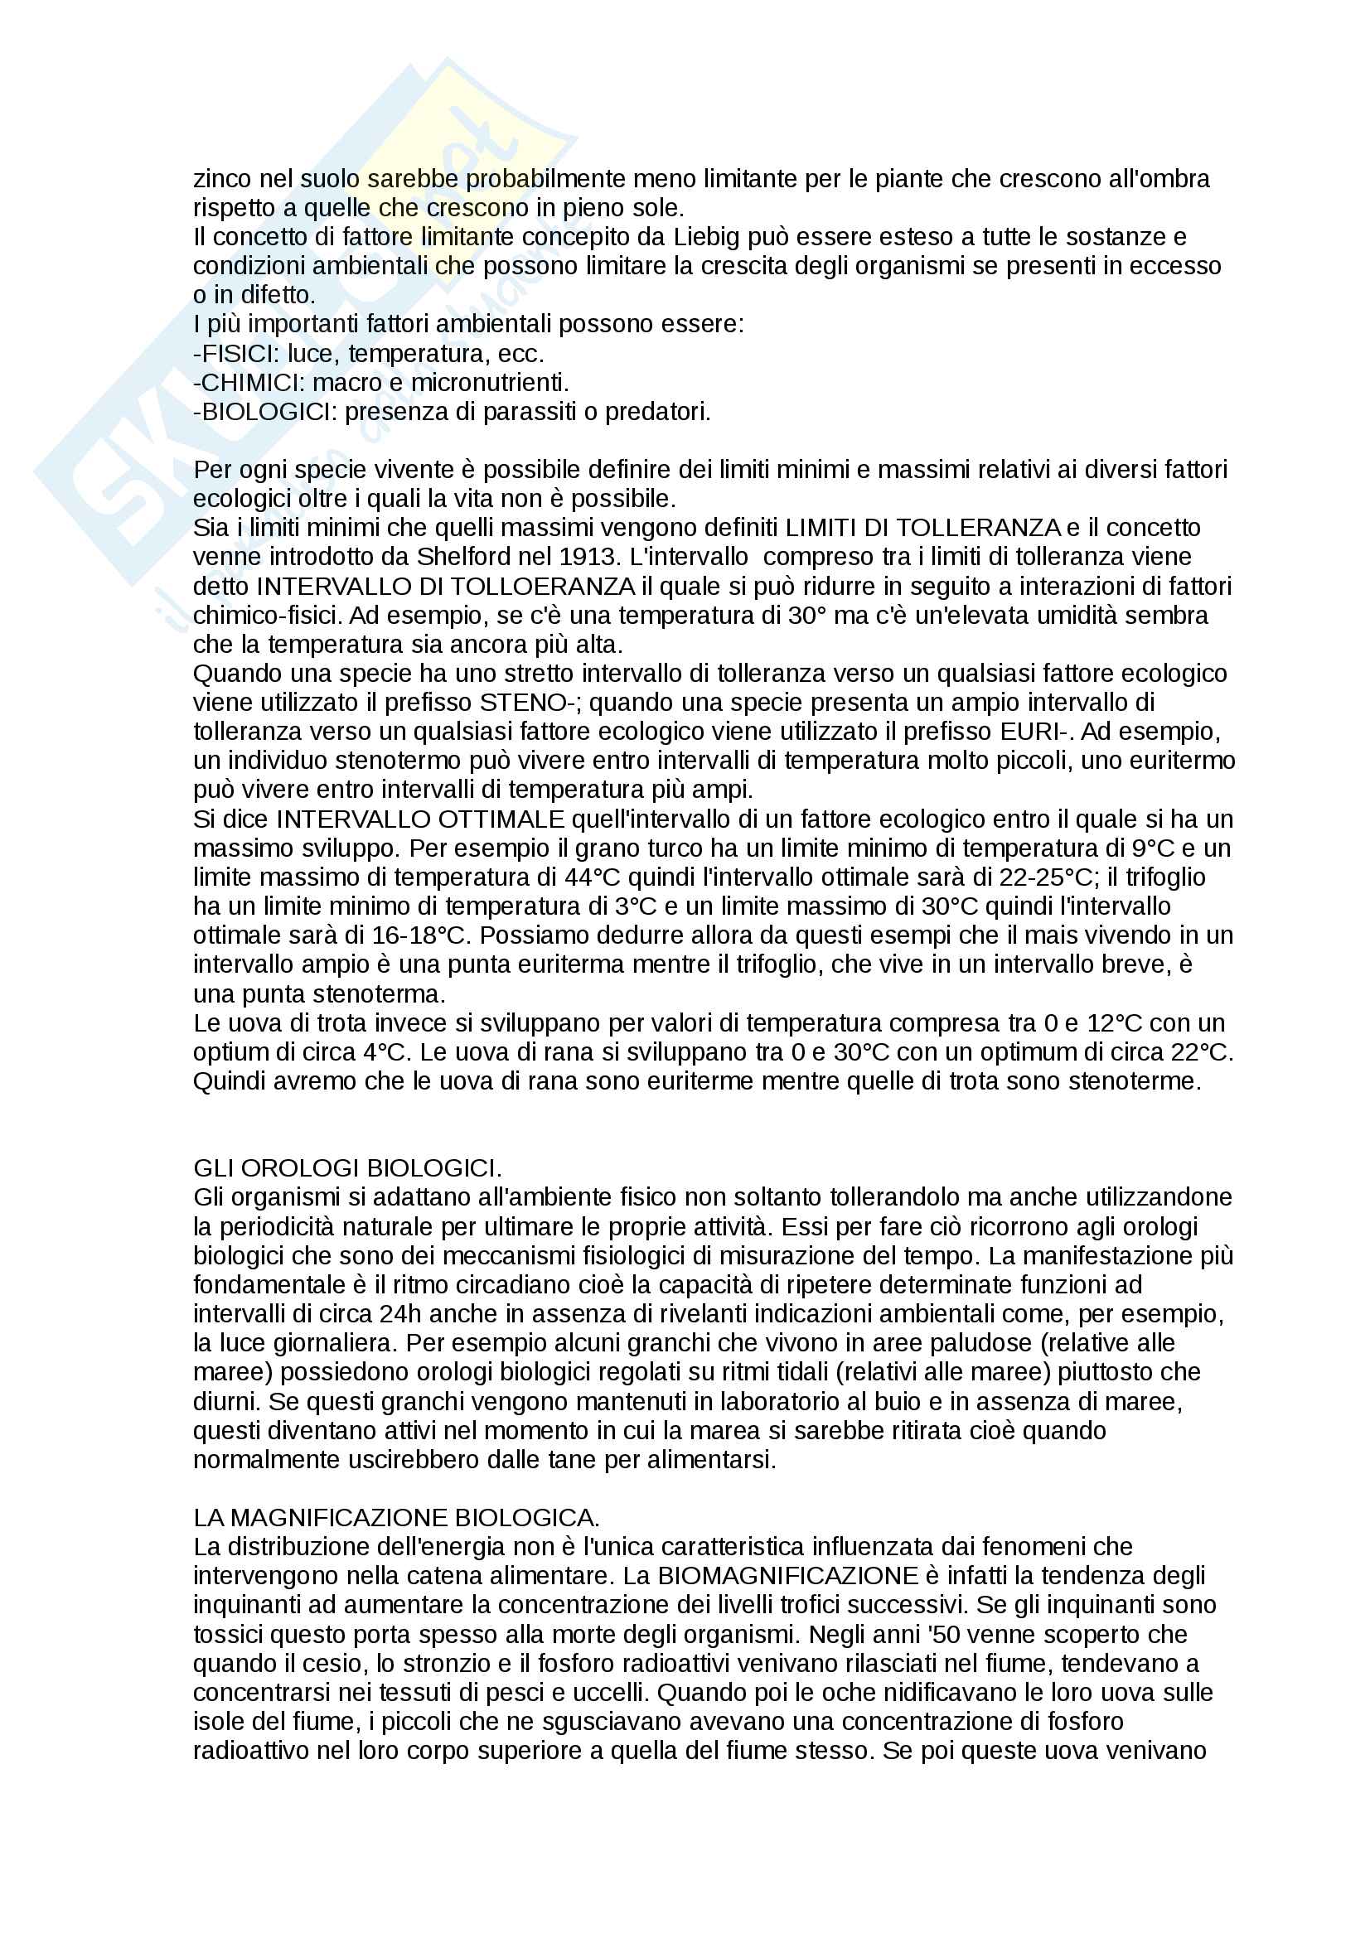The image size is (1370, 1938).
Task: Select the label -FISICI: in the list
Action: coord(236,354)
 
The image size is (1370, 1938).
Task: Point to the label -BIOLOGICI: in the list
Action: coord(265,412)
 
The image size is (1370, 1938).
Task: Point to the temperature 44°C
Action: coord(593,877)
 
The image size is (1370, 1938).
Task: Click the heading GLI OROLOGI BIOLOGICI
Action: coord(347,1168)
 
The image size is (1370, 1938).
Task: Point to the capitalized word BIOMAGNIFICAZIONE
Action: coord(787,1576)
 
